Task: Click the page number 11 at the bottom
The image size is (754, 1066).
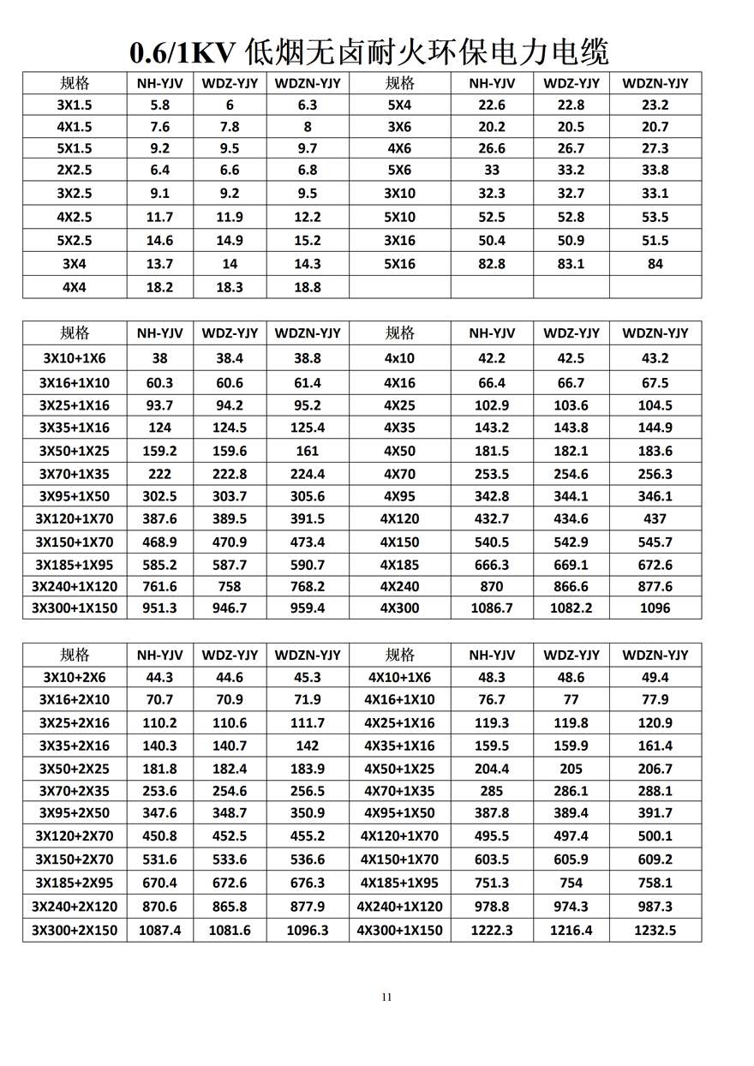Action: tap(386, 997)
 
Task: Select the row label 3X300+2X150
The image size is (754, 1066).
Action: tap(75, 930)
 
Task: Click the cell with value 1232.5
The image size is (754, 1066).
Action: tap(655, 930)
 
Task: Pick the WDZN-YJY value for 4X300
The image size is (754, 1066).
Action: tap(655, 608)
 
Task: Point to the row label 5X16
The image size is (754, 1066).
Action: tap(399, 264)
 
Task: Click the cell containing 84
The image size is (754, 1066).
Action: tap(655, 264)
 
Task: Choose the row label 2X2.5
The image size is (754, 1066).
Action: tap(75, 170)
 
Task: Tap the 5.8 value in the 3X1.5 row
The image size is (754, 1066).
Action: tap(159, 105)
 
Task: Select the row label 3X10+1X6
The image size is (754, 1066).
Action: tap(75, 358)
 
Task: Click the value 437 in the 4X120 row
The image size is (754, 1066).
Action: tap(655, 518)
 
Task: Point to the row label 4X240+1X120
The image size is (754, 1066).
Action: tap(399, 907)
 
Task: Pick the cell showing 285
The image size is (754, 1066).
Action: tap(492, 791)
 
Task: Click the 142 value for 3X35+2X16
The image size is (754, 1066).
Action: tap(307, 746)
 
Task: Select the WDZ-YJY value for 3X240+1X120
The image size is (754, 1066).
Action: tap(230, 587)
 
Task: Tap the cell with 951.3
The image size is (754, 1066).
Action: tap(159, 608)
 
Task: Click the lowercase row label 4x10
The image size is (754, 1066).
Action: tap(399, 358)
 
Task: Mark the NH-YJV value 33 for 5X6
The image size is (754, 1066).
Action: tap(492, 170)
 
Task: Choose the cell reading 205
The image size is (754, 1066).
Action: tap(571, 769)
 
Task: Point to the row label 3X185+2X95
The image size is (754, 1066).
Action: tap(75, 883)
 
